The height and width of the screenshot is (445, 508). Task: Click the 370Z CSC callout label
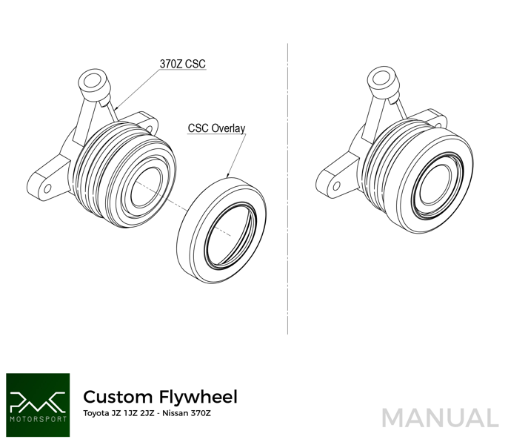click(x=182, y=64)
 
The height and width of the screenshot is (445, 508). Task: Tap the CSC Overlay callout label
click(x=216, y=128)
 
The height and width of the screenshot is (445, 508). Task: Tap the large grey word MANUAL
click(x=440, y=418)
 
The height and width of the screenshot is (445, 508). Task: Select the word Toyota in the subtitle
click(x=95, y=413)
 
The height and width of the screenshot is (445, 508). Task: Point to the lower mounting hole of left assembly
click(x=48, y=188)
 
